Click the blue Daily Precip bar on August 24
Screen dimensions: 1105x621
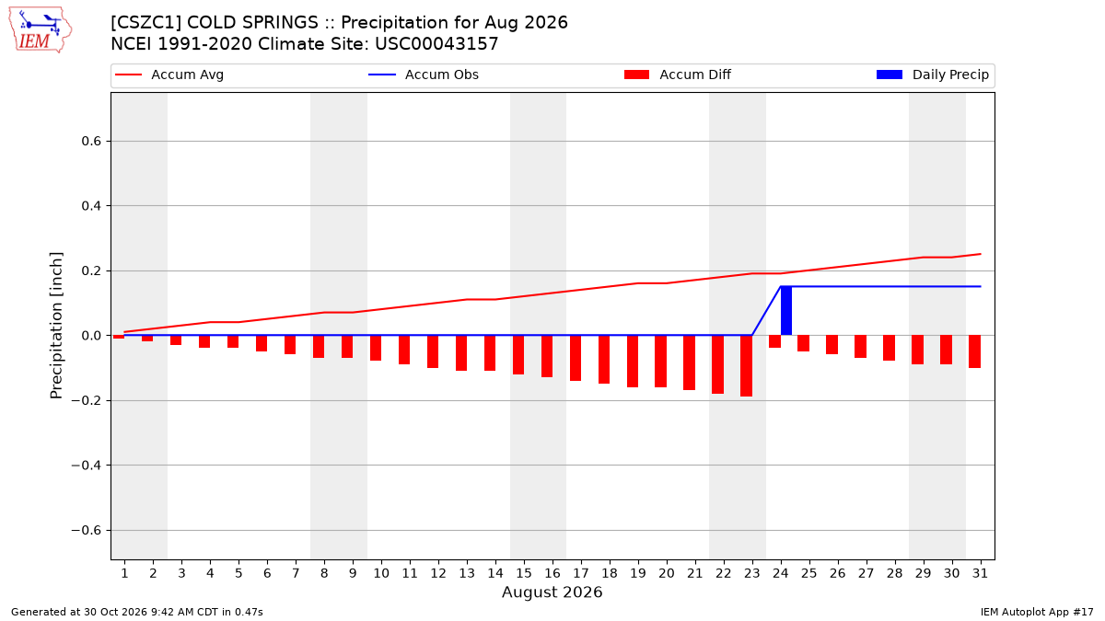point(786,311)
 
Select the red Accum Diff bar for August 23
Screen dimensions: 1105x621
point(747,366)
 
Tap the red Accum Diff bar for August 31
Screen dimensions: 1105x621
point(975,351)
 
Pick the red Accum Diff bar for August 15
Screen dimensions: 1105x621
point(518,355)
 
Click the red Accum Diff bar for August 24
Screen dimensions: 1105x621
point(775,341)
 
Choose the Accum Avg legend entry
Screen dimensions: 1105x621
point(169,75)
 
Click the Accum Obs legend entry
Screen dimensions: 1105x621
point(424,75)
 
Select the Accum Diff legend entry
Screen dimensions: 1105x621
point(678,75)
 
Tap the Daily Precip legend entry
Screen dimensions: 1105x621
point(933,75)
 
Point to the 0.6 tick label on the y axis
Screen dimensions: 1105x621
point(91,142)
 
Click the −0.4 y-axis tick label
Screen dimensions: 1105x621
point(87,466)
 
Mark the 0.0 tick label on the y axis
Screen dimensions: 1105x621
point(91,336)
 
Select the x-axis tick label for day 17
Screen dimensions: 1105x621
point(581,573)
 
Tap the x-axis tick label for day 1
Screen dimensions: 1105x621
point(124,573)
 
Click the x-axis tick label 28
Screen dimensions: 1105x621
point(895,573)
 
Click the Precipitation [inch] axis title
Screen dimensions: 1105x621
point(56,326)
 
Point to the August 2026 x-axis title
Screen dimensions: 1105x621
point(552,592)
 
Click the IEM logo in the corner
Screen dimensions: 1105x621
point(41,30)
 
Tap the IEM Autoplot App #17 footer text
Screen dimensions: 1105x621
point(1037,612)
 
